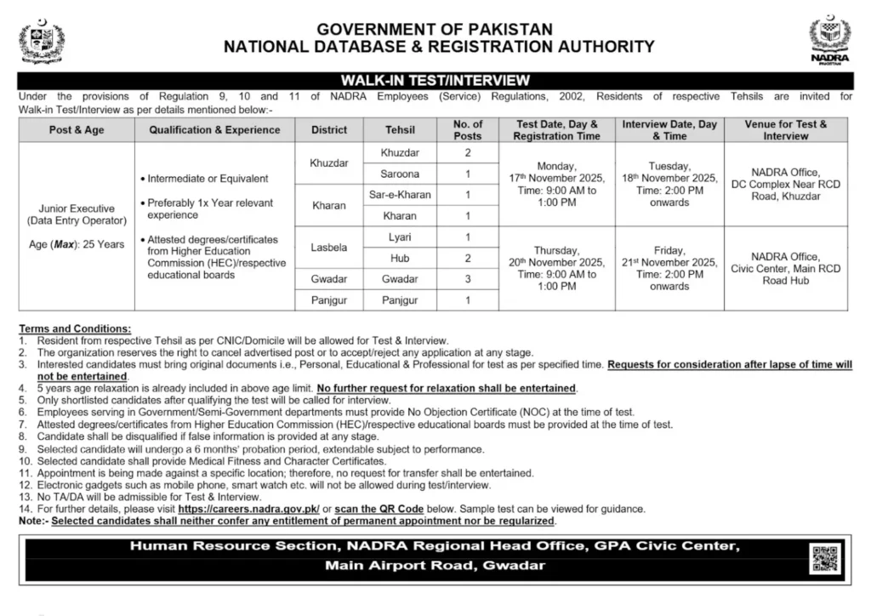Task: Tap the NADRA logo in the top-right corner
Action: (829, 39)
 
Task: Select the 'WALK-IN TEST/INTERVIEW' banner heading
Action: (435, 80)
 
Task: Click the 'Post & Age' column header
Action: (77, 130)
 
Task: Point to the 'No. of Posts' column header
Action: (468, 130)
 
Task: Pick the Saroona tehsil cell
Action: (399, 174)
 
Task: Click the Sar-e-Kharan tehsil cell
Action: (399, 195)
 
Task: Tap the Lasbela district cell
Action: (328, 247)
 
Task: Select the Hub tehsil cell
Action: (399, 258)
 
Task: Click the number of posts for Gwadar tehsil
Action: (468, 279)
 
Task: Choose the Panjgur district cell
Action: (328, 300)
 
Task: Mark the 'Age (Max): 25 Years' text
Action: (77, 244)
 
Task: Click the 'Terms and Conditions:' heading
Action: (75, 328)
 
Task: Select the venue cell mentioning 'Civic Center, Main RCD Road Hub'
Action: (785, 268)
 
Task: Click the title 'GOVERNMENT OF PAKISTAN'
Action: (435, 29)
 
